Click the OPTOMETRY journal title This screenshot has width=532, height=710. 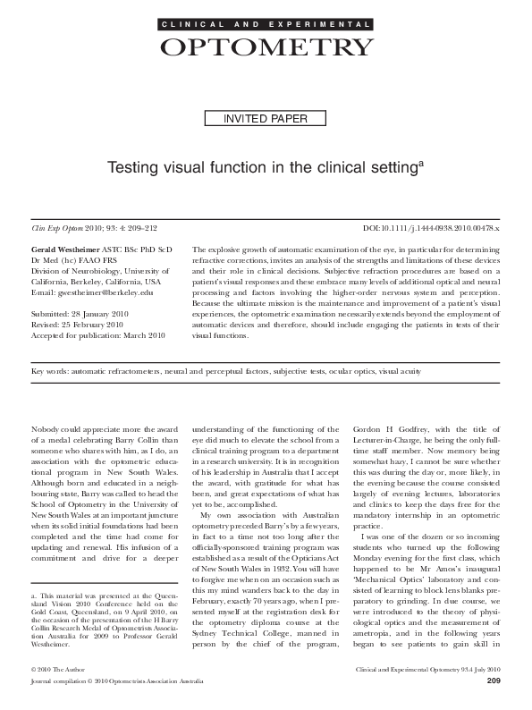[266, 46]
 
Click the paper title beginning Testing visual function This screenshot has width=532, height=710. [266, 167]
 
